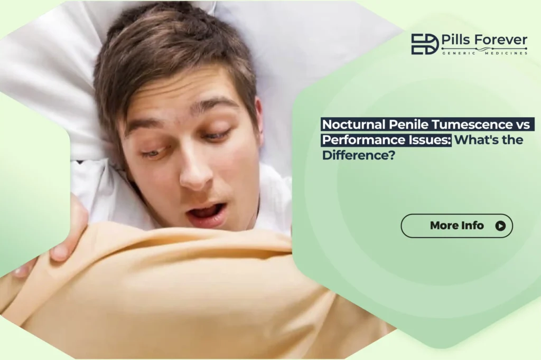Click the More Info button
pyautogui.click(x=456, y=226)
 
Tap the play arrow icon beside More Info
pyautogui.click(x=500, y=226)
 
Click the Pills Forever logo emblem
pyautogui.click(x=425, y=44)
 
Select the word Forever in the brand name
pyautogui.click(x=502, y=40)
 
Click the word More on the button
pyautogui.click(x=444, y=226)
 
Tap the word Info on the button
pyautogui.click(x=472, y=226)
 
